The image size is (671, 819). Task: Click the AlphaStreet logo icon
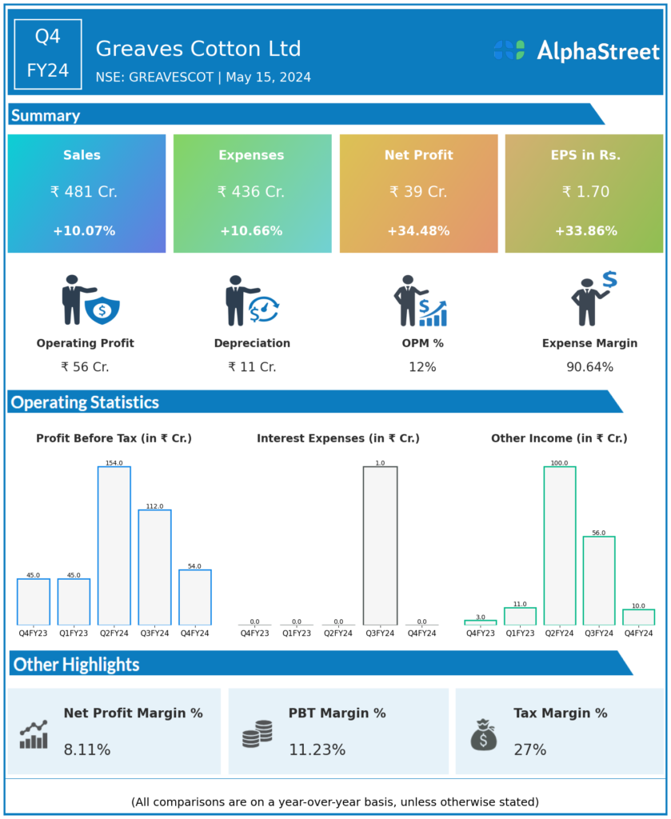(509, 50)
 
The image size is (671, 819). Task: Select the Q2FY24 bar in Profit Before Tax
(114, 545)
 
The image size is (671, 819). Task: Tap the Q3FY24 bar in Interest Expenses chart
(380, 545)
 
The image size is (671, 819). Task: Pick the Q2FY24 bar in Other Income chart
(559, 545)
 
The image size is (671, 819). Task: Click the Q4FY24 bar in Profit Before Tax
(195, 597)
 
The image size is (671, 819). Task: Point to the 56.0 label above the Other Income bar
(598, 533)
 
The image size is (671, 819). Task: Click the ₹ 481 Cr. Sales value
(83, 192)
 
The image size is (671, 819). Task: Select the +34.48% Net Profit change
(418, 231)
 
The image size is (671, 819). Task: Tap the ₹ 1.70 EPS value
(585, 192)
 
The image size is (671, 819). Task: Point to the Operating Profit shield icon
(102, 310)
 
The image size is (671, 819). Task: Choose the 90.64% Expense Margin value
(589, 367)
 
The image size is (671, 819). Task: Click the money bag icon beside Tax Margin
(483, 734)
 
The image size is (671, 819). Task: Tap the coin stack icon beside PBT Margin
(257, 734)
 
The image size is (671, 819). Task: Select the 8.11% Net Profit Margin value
(87, 750)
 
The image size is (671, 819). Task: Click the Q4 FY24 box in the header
(48, 54)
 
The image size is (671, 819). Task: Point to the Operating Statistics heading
(85, 402)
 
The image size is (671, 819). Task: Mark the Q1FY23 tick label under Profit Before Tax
(74, 633)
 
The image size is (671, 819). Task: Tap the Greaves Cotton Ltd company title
(198, 49)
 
